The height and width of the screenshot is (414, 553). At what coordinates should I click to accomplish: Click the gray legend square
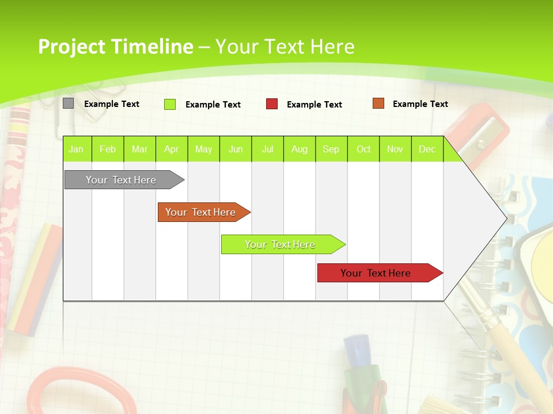click(69, 103)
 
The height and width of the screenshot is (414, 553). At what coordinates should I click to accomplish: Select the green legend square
click(170, 104)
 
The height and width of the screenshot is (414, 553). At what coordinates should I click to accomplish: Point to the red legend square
click(272, 104)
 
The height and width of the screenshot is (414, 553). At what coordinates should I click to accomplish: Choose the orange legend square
click(378, 103)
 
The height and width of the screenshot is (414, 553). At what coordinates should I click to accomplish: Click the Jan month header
click(76, 149)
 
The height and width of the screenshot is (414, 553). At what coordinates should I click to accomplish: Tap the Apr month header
click(172, 149)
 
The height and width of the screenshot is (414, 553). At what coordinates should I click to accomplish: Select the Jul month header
click(268, 149)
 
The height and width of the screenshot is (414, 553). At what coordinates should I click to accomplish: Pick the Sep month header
click(331, 149)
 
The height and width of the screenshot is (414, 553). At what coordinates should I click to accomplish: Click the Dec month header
click(427, 149)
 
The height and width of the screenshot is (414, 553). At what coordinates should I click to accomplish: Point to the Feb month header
click(108, 149)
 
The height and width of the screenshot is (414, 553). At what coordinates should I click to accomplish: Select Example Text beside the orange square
click(420, 104)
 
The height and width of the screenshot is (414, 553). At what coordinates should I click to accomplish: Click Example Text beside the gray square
click(112, 104)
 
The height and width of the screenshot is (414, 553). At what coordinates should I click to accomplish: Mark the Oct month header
click(363, 149)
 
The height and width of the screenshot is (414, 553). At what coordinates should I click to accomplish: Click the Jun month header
click(236, 149)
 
